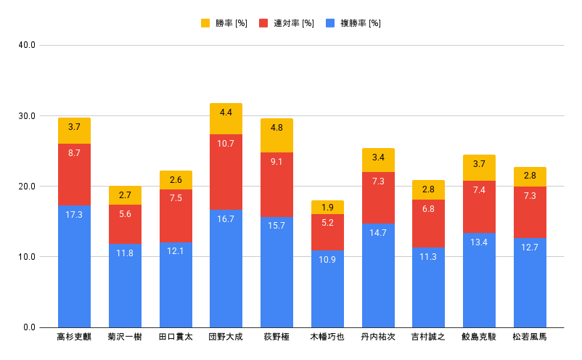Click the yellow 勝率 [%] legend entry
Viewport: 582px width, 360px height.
(224, 23)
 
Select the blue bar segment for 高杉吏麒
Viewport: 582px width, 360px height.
(74, 266)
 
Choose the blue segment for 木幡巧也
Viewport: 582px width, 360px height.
(327, 289)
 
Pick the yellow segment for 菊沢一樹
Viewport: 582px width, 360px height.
(125, 195)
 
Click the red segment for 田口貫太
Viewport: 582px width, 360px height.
(176, 216)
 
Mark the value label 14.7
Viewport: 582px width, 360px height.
(377, 233)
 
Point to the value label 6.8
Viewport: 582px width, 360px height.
(428, 209)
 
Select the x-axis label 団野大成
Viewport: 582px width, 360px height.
(226, 337)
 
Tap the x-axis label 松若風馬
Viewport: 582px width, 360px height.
(529, 337)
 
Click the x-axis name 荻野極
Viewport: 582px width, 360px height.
(276, 337)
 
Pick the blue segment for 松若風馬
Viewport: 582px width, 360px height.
(529, 282)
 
